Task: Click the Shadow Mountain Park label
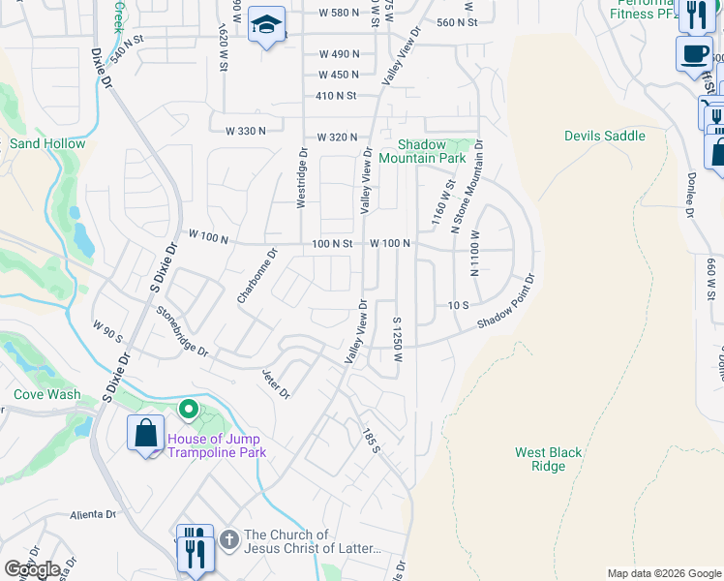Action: [422, 150]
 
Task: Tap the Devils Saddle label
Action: [604, 136]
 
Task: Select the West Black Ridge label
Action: [548, 459]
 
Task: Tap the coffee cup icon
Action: [692, 53]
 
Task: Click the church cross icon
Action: [228, 538]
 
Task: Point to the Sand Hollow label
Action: [47, 143]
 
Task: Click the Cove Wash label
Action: [47, 394]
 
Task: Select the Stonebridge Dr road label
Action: [182, 331]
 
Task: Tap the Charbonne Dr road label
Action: [257, 276]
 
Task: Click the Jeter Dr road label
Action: [276, 382]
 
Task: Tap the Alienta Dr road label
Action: [93, 515]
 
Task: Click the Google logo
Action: [31, 568]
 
